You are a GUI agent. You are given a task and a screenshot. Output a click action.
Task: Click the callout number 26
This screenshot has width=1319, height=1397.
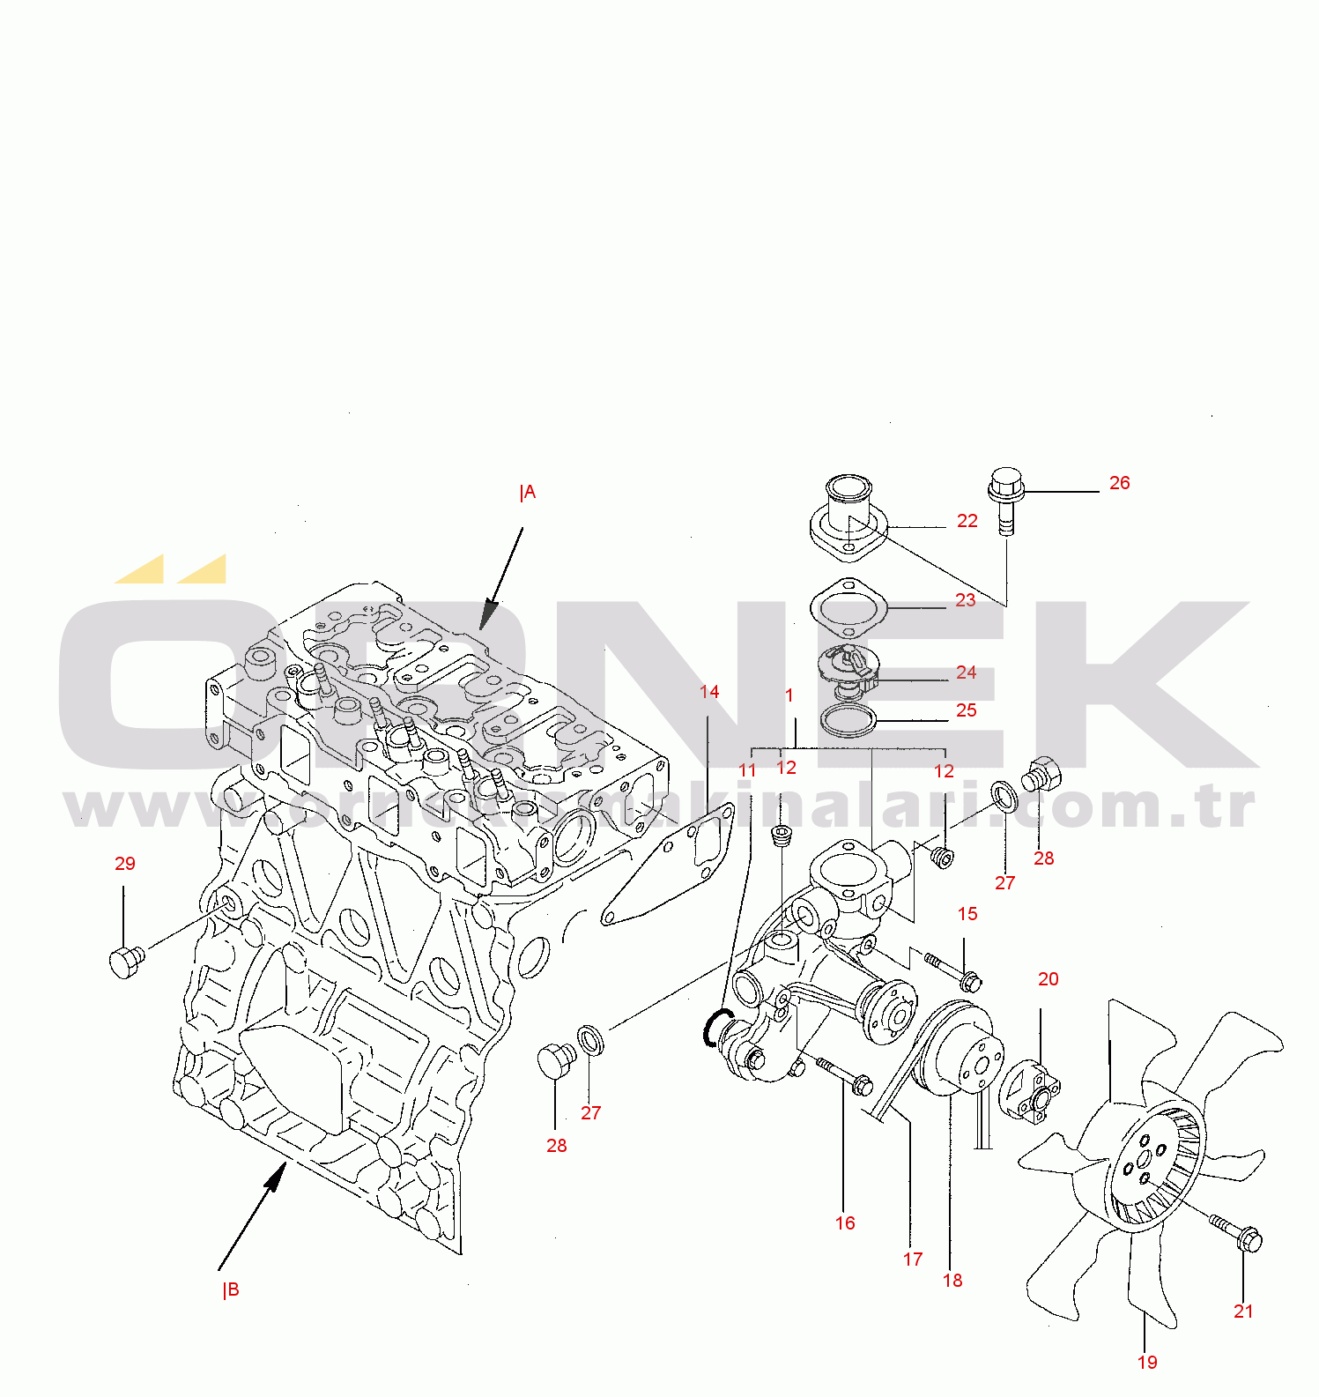tap(1119, 483)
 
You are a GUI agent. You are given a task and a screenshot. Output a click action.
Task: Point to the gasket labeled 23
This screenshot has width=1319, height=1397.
tap(848, 607)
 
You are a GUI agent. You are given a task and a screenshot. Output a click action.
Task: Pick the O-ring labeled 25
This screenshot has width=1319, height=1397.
tap(848, 720)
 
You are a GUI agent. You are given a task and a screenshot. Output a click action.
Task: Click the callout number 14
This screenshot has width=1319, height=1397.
tap(709, 692)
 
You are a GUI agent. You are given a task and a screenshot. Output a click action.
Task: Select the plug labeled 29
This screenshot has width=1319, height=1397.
tap(127, 961)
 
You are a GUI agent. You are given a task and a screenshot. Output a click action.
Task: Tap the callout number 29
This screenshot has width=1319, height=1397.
tap(125, 864)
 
